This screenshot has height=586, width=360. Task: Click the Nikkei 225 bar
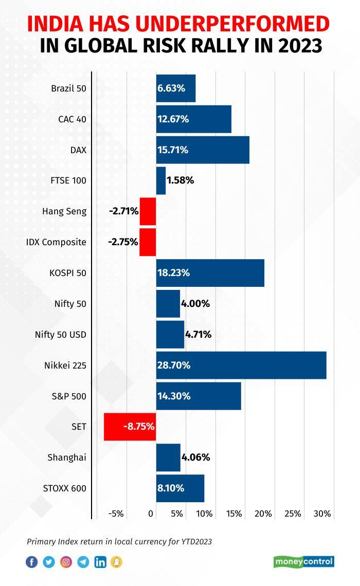[x=241, y=365]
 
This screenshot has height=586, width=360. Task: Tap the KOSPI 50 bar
[x=210, y=273]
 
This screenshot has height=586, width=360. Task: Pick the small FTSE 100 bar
[x=161, y=180]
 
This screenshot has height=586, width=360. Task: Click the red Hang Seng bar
[x=148, y=211]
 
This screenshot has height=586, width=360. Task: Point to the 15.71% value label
[x=172, y=150]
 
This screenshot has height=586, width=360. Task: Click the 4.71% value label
[x=198, y=335]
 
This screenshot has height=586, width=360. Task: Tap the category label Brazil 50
[x=68, y=88]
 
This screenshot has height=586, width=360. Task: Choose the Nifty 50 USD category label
[x=60, y=335]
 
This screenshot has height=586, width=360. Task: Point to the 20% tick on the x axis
[x=263, y=514]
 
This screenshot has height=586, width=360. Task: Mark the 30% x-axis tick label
[x=322, y=514]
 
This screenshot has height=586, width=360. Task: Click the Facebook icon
[x=32, y=562]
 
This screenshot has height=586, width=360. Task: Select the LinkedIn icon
[x=100, y=562]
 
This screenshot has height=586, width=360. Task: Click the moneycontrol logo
[x=303, y=561]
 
